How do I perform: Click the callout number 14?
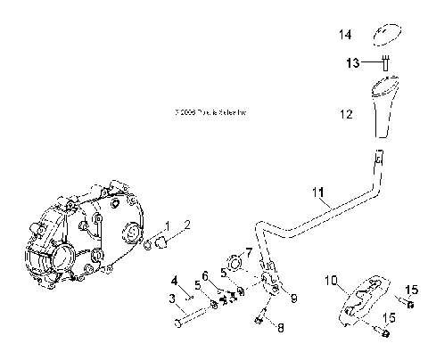point(344,35)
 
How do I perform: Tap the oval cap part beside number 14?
point(386,32)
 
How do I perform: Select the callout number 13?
point(354,62)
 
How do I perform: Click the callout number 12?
point(345,114)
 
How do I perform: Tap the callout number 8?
point(281,328)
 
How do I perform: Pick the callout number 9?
point(293,297)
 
